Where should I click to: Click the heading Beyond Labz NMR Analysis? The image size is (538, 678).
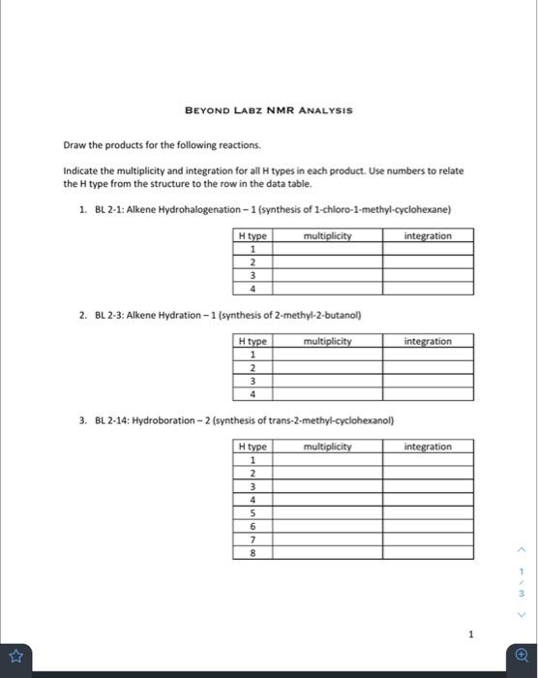pos(268,110)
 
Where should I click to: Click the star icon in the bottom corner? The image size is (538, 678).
pos(16,656)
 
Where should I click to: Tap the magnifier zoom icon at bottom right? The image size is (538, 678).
pos(522,656)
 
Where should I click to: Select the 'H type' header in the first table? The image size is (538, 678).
pos(252,236)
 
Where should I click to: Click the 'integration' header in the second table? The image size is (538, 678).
pos(427,341)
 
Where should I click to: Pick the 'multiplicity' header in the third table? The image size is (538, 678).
pos(327,447)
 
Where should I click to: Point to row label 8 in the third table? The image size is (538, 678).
pos(252,553)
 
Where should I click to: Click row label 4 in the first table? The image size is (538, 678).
pos(252,288)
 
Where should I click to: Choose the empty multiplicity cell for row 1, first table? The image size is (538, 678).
pos(327,249)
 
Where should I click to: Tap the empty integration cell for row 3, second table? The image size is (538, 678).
pos(427,381)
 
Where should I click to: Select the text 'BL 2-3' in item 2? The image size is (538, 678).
pos(106,315)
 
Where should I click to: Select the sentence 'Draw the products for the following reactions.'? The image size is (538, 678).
pos(162,145)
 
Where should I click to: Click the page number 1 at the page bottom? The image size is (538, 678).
pos(470,634)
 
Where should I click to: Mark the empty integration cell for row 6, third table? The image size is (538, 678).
pos(427,526)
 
